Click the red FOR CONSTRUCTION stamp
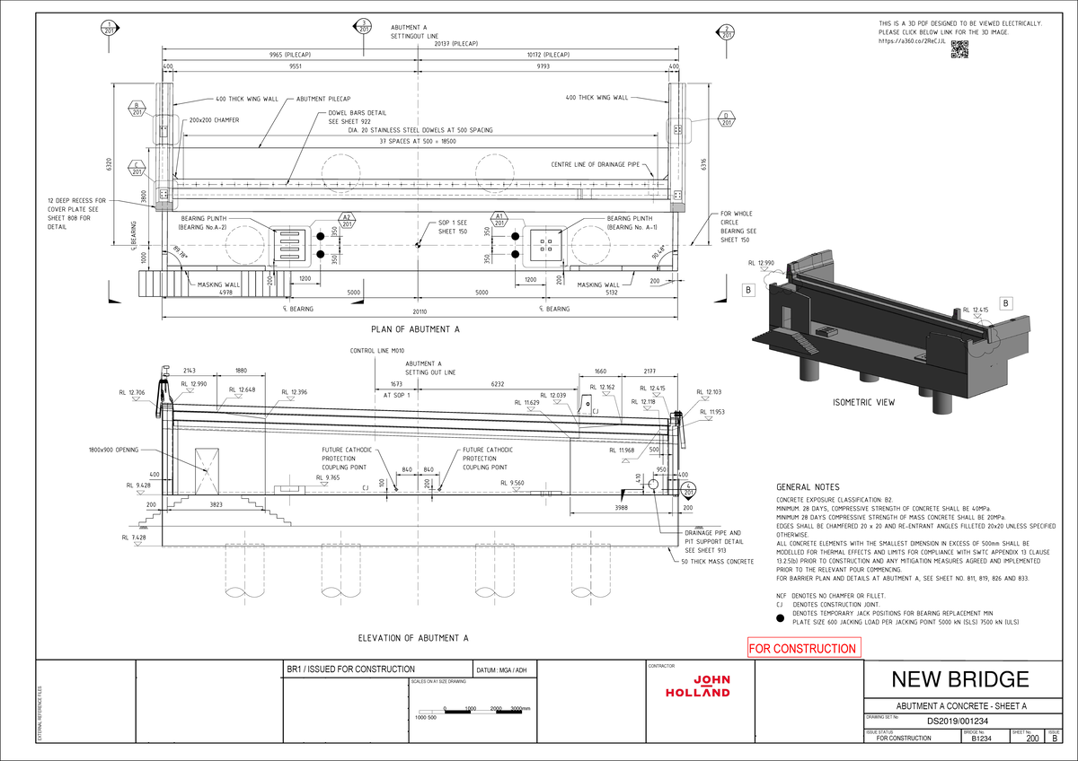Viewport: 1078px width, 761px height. [803, 648]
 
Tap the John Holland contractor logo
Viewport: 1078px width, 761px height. [698, 686]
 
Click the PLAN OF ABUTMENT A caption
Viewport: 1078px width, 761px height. [415, 329]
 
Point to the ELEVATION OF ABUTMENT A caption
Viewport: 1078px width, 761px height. [413, 638]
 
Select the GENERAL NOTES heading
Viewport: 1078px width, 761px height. [808, 486]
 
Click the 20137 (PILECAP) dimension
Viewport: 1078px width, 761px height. [455, 42]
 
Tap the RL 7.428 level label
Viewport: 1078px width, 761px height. [136, 537]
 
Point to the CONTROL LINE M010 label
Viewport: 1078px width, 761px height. [377, 350]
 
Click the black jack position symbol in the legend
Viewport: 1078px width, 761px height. [780, 618]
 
